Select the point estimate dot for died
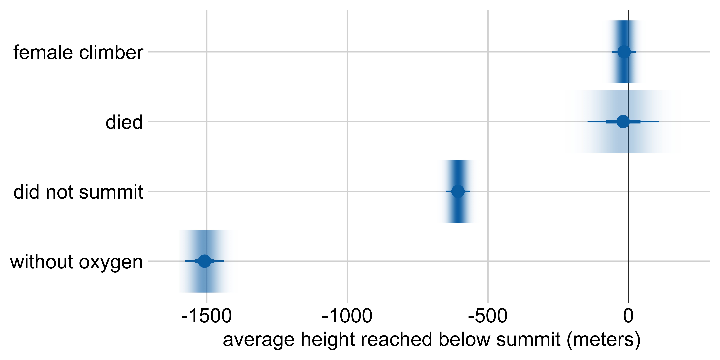click(x=623, y=122)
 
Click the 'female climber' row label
click(x=78, y=52)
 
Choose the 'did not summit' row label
click(x=78, y=192)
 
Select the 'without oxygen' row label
click(x=76, y=262)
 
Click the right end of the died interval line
click(x=658, y=122)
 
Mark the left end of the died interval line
click(x=588, y=122)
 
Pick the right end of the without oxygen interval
click(x=224, y=261)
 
